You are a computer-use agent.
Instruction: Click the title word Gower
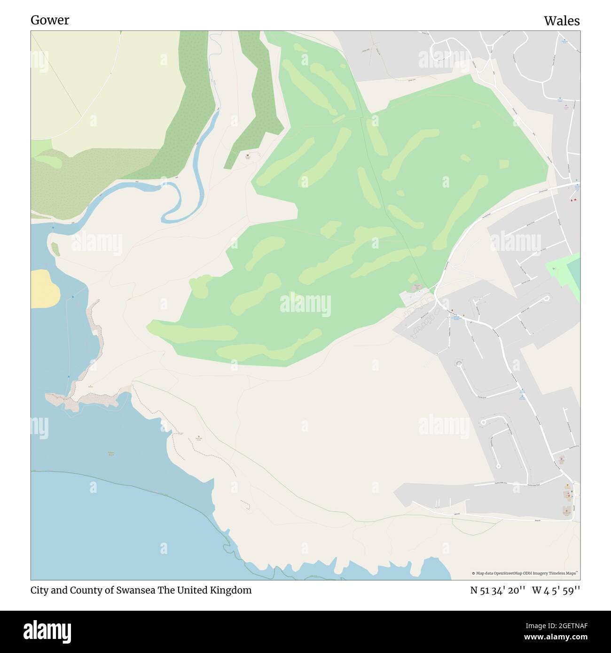click(50, 20)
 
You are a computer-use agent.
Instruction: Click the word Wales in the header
click(562, 21)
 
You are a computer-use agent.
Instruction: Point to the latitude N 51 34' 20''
click(498, 591)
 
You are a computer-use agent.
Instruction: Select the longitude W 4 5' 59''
click(556, 591)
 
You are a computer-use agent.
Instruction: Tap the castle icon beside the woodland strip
click(248, 154)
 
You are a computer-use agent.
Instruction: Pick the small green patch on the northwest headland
click(55, 249)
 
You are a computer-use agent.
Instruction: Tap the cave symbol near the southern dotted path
click(198, 437)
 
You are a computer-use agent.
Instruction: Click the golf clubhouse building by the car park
click(416, 288)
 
